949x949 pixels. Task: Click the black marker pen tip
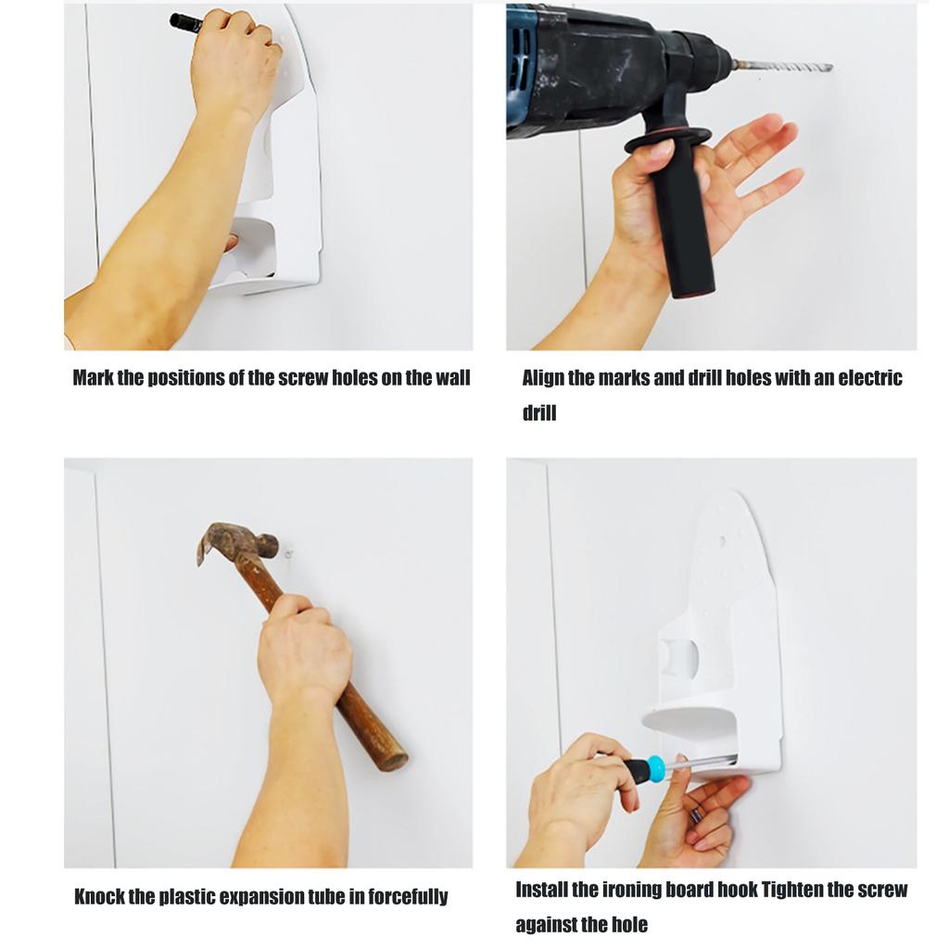(x=171, y=21)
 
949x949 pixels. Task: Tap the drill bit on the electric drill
(x=784, y=67)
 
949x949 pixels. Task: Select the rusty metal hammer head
(x=235, y=540)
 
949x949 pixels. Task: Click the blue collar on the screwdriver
(x=654, y=767)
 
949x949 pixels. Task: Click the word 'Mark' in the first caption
(x=93, y=378)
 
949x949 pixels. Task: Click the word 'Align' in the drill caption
(x=543, y=378)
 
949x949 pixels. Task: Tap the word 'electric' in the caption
(x=870, y=378)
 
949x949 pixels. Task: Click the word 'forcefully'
(x=408, y=896)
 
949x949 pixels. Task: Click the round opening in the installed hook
(x=679, y=657)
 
